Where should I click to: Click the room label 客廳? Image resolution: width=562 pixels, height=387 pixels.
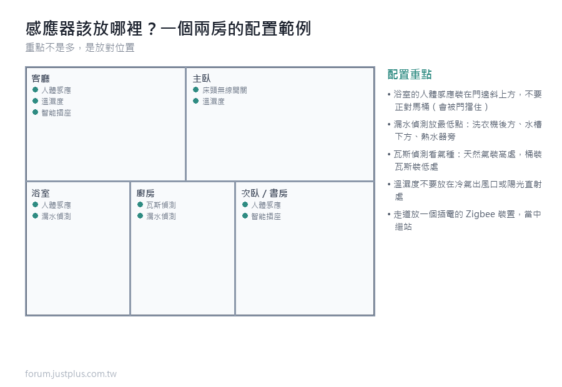point(41,79)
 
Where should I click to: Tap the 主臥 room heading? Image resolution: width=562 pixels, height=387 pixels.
point(202,79)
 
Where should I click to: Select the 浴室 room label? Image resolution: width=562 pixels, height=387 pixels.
point(41,193)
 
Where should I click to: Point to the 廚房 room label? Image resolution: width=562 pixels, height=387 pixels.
point(145,193)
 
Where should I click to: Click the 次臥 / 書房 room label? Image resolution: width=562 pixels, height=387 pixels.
point(264,193)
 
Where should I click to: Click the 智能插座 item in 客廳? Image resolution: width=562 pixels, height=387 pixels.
point(56,113)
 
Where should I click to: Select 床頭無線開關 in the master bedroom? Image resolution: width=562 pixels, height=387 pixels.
point(225,91)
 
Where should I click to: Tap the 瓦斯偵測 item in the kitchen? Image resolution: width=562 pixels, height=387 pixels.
point(161,205)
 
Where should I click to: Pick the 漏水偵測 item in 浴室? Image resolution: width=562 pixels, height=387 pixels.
point(56,217)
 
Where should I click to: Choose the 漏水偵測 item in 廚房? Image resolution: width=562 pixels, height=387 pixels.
point(161,217)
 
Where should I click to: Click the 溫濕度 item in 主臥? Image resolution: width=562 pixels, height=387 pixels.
point(214,102)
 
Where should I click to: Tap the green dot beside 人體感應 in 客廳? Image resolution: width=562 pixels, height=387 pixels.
point(35,90)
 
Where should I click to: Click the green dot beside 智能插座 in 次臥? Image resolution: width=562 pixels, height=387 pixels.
point(245,216)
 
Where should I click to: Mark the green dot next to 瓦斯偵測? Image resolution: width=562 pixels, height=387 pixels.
point(140,204)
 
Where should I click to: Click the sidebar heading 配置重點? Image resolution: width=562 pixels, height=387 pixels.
point(410,74)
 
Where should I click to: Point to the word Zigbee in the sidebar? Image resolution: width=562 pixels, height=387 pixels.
point(481,214)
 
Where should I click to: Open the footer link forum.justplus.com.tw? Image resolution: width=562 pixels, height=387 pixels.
point(71,374)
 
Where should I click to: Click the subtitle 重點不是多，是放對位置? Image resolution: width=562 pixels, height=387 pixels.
point(80,47)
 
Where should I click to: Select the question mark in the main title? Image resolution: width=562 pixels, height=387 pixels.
point(152,29)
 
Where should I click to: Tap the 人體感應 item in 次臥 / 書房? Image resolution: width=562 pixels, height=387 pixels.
point(266,205)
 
